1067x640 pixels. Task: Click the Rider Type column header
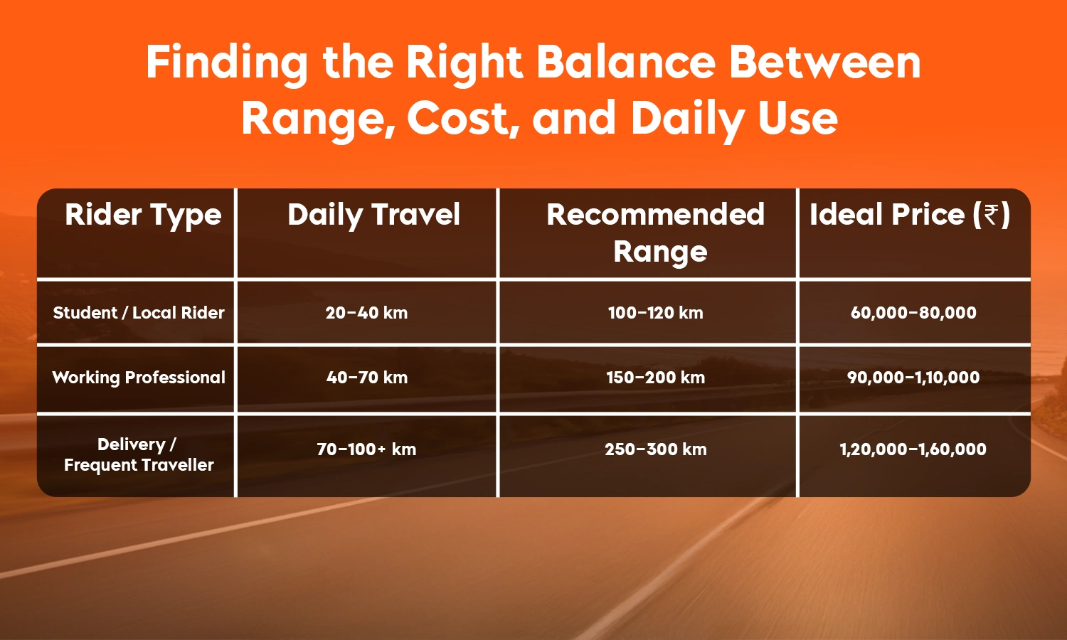[143, 215]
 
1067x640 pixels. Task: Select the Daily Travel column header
[373, 215]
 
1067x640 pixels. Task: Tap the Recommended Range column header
[655, 233]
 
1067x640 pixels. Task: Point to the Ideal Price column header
[909, 215]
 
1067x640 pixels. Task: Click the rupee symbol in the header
[991, 215]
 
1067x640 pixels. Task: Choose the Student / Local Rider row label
[139, 313]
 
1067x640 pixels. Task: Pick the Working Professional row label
[139, 378]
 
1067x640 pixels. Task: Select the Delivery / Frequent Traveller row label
[139, 454]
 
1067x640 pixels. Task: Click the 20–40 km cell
[366, 313]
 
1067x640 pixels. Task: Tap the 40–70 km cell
[367, 378]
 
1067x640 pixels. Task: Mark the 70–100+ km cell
[366, 449]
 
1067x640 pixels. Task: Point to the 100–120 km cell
[655, 313]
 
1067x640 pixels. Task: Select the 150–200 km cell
[655, 378]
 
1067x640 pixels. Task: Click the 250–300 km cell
[655, 449]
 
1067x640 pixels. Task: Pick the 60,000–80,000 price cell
[913, 313]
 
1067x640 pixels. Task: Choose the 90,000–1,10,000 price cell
[913, 378]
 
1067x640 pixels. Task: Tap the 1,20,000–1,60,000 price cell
[913, 449]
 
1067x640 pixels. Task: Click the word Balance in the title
[625, 63]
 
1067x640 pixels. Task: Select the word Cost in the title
[459, 119]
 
